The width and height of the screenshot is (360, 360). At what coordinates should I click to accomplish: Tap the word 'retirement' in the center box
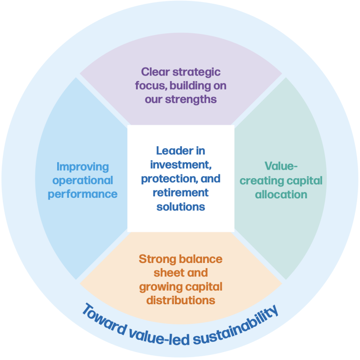coord(180,193)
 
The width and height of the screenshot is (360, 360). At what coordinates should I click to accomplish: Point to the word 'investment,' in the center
coord(180,165)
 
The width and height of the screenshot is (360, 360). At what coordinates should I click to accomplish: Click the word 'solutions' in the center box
coord(180,207)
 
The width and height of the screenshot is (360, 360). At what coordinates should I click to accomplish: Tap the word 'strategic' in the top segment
coord(197,72)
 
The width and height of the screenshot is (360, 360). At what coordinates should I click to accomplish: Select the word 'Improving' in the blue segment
coord(82,166)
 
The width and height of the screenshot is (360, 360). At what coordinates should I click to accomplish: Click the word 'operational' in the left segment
coord(82,180)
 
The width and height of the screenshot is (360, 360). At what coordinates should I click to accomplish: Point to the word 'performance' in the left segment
coord(82,194)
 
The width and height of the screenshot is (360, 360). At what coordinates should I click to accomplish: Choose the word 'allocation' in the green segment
coord(281,194)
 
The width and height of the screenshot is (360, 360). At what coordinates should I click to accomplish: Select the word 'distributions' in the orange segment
coord(180,300)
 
